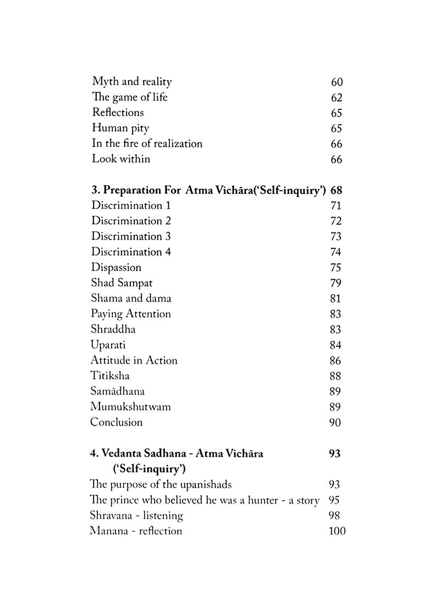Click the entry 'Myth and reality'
click(x=131, y=82)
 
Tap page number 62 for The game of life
click(x=337, y=98)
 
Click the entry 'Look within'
click(x=120, y=159)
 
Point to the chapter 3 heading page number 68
click(x=337, y=191)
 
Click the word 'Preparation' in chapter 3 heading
click(x=130, y=191)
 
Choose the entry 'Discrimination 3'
click(x=131, y=236)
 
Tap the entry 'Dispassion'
click(x=116, y=268)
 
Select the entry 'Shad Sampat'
click(x=122, y=283)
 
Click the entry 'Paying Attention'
click(x=131, y=314)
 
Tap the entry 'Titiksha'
click(x=111, y=376)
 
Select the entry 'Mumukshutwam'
click(x=131, y=407)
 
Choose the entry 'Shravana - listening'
click(x=136, y=516)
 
